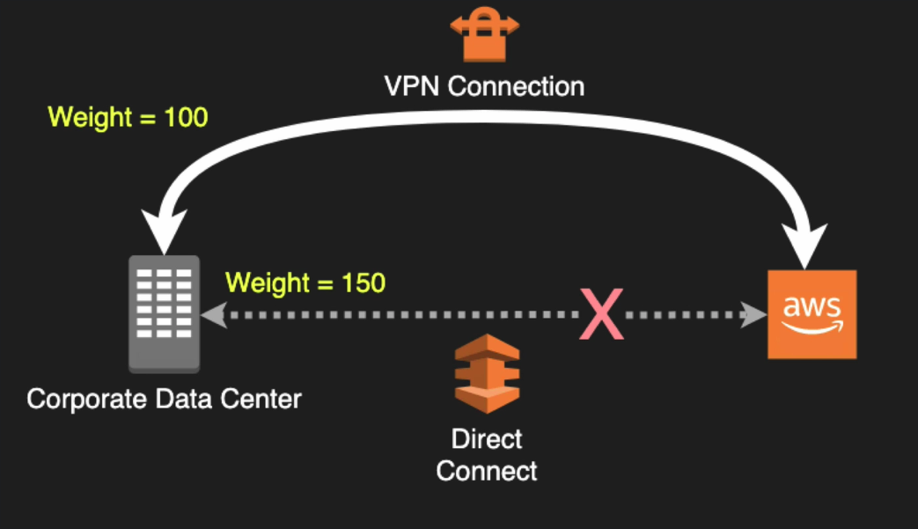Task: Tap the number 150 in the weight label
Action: click(361, 283)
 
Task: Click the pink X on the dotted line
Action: click(601, 315)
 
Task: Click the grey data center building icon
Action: click(165, 312)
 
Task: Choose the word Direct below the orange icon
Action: click(487, 438)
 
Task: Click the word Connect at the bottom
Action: click(487, 471)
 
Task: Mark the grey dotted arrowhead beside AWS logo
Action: click(753, 314)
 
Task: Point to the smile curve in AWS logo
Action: click(812, 327)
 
